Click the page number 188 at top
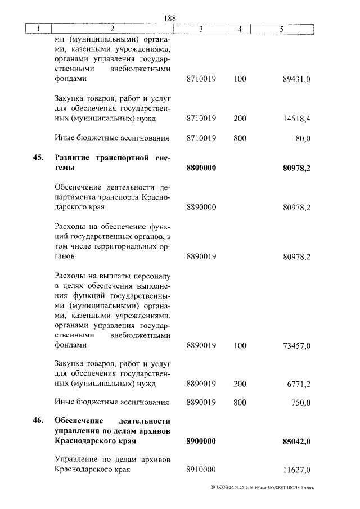click(x=170, y=19)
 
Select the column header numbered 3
click(x=201, y=29)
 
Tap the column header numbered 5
click(x=280, y=29)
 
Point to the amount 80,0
click(x=303, y=138)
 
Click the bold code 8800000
click(x=201, y=168)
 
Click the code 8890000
click(x=201, y=208)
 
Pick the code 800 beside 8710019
click(x=240, y=138)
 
